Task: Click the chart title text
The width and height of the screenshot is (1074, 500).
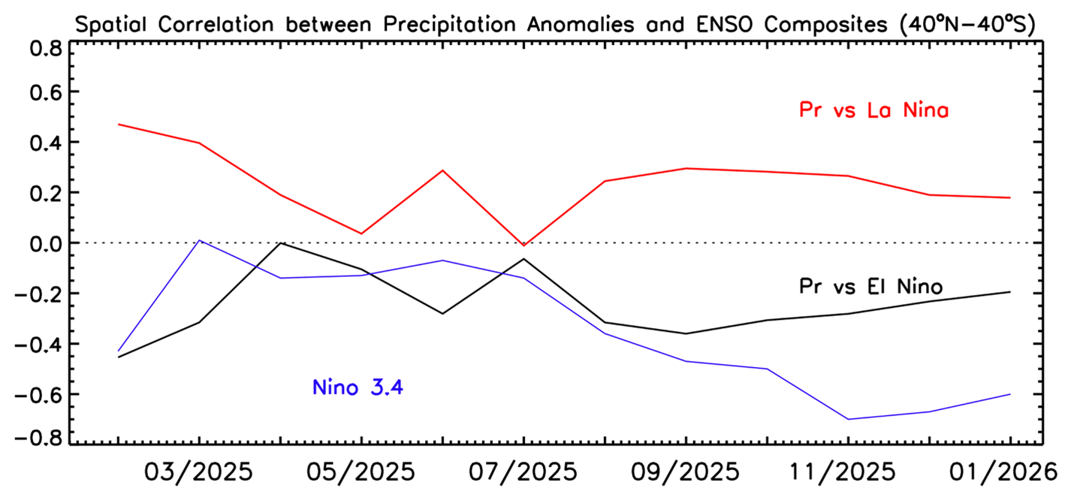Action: coord(554,23)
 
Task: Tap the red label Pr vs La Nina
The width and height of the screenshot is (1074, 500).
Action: coord(873,111)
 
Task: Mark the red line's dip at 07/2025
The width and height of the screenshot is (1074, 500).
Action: coord(523,245)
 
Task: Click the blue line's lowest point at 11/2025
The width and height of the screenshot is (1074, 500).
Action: coord(848,419)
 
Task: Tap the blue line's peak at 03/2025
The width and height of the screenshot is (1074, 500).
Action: coord(199,240)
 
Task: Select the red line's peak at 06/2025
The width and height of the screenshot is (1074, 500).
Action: coord(442,170)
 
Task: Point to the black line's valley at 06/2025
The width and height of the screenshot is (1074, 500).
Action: coord(442,313)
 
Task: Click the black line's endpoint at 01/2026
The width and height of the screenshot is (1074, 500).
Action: coord(1009,292)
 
